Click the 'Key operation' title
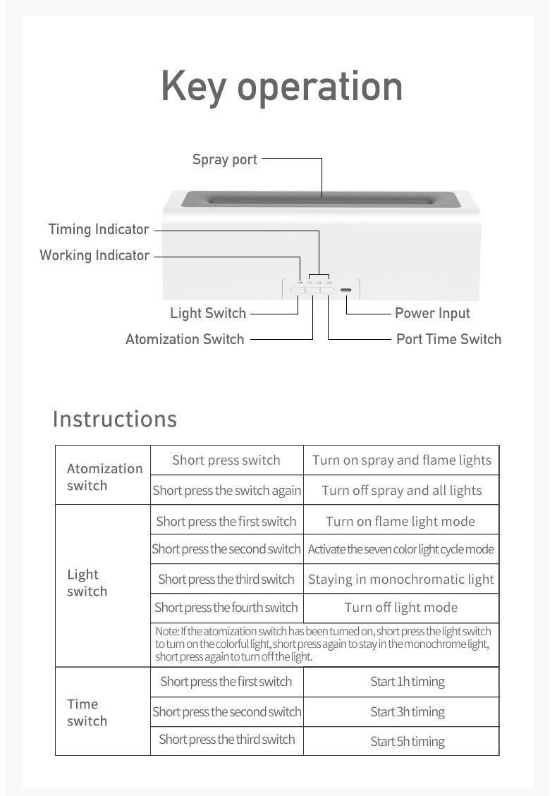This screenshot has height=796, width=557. tap(282, 86)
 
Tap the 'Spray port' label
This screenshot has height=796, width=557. tap(225, 159)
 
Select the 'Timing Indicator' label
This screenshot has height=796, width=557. tap(99, 229)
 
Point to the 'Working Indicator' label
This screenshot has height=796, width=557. tap(94, 255)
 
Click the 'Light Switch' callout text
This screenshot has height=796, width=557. tap(208, 313)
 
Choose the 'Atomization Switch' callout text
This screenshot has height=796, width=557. tap(185, 339)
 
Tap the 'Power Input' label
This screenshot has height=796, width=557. tap(432, 313)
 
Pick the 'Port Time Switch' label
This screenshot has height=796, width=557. tap(448, 339)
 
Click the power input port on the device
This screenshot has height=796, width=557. tap(346, 290)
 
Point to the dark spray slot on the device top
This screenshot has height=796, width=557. tap(322, 200)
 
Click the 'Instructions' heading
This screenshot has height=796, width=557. tap(115, 419)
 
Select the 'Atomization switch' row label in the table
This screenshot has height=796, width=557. tap(104, 477)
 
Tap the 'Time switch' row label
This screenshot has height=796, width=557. tap(87, 712)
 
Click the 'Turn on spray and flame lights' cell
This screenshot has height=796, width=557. tap(401, 460)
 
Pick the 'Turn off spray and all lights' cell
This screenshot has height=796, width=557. tap(401, 491)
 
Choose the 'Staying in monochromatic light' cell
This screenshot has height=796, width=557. tap(401, 580)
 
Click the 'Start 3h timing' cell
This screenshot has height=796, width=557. tap(408, 712)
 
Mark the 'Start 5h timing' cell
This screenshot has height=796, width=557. tap(408, 742)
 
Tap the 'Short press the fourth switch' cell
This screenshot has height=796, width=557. tap(226, 608)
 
